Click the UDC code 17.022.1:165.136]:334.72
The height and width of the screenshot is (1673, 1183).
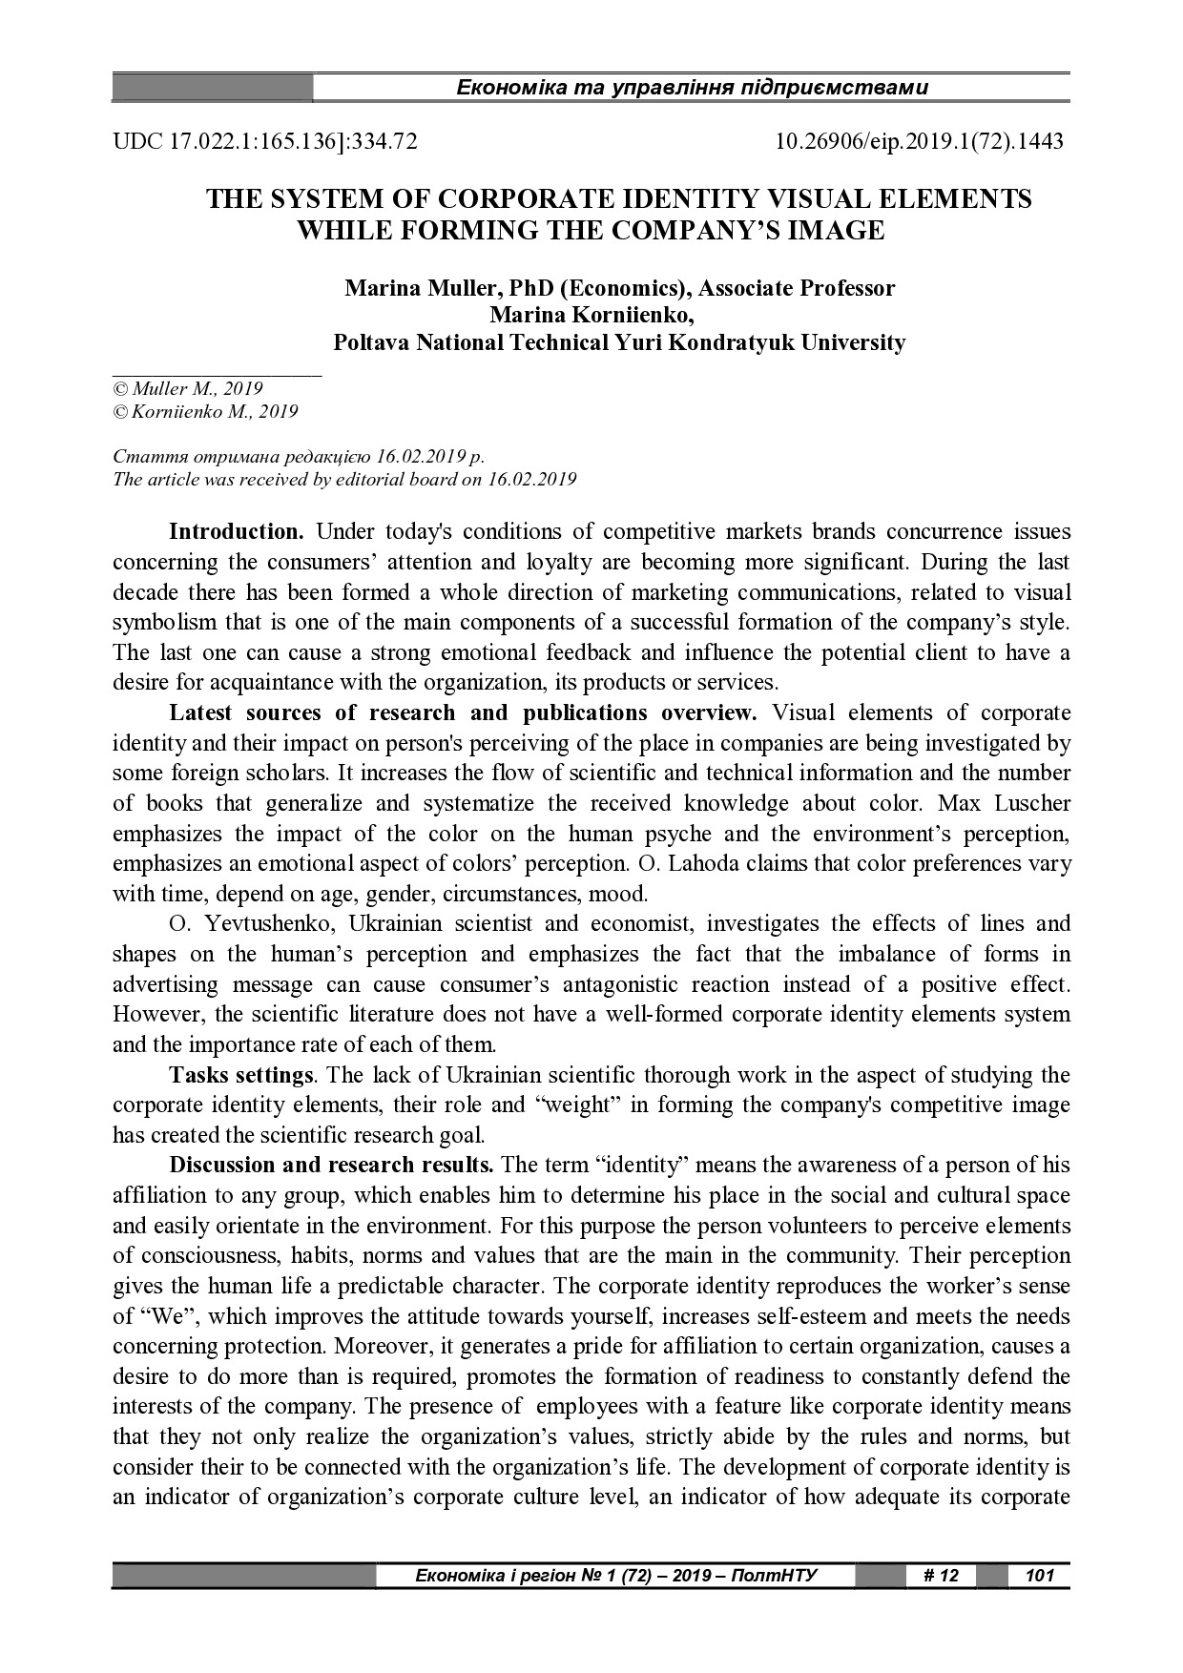(265, 142)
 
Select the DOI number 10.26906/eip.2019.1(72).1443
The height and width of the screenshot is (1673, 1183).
(920, 142)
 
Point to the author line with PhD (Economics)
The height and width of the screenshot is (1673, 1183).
(619, 288)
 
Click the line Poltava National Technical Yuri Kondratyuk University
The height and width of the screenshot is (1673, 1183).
(619, 342)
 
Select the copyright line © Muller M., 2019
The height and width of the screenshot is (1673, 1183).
(188, 388)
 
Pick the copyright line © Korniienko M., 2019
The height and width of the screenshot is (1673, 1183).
(205, 412)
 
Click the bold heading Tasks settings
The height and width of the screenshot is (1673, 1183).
(241, 1076)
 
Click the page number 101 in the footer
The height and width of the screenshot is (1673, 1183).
(1038, 1575)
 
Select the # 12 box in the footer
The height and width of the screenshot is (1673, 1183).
(940, 1575)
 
